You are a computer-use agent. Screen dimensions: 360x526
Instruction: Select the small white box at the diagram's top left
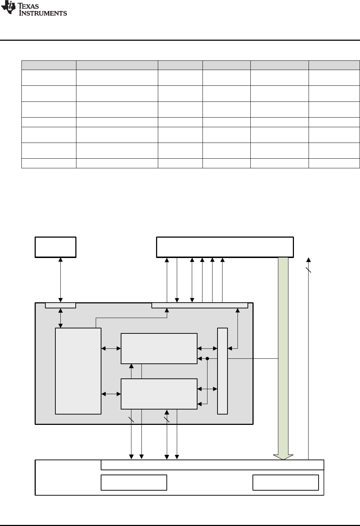click(55, 247)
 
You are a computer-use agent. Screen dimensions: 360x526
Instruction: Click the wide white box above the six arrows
click(225, 247)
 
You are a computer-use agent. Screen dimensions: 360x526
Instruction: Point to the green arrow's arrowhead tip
click(283, 459)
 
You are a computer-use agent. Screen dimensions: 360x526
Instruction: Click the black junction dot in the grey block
click(207, 358)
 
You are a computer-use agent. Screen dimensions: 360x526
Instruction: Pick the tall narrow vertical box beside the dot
click(222, 371)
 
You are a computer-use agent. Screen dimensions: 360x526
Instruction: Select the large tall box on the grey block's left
click(78, 371)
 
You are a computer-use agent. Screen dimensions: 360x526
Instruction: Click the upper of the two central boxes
click(159, 348)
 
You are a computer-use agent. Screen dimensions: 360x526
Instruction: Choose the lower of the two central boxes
click(159, 394)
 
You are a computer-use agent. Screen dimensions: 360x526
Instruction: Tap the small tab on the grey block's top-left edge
click(60, 305)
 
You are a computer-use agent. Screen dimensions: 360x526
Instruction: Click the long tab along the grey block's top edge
click(200, 305)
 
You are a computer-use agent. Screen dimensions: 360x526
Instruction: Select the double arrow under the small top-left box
click(60, 280)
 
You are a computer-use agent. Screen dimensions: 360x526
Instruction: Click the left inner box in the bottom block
click(134, 482)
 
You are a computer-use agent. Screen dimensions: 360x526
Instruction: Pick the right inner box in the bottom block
click(285, 482)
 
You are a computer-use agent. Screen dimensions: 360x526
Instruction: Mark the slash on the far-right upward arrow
click(309, 270)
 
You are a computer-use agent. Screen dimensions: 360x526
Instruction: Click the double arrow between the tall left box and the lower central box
click(111, 394)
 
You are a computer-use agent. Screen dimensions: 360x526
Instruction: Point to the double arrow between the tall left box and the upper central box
click(111, 348)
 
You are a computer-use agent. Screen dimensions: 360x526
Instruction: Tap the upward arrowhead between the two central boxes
click(131, 366)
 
